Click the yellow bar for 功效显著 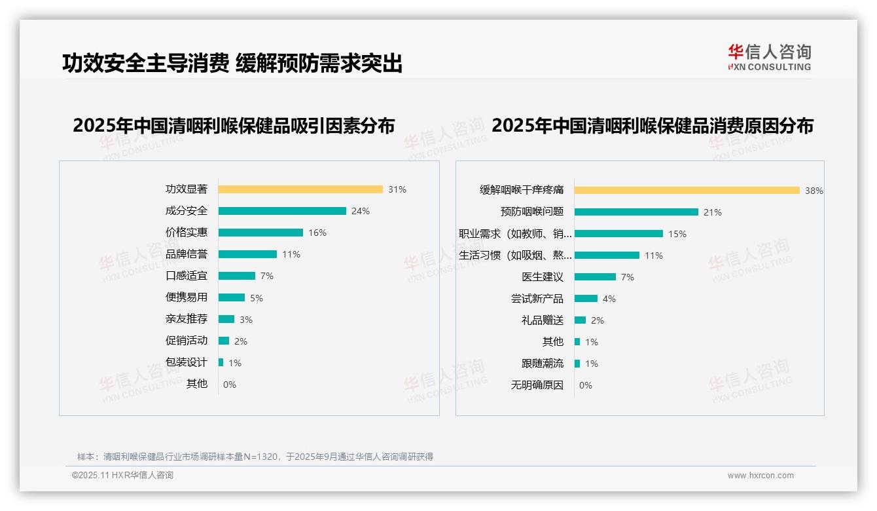click(x=300, y=189)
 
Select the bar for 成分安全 click(x=282, y=211)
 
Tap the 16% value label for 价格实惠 click(x=317, y=233)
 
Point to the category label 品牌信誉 click(x=187, y=254)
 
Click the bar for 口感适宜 click(x=237, y=276)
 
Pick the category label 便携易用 click(x=187, y=297)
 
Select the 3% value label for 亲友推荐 click(x=245, y=320)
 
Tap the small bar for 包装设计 click(x=221, y=362)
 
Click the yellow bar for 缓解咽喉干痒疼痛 click(x=687, y=191)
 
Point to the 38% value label click(x=814, y=191)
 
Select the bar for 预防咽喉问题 click(x=636, y=212)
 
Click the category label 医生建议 click(x=543, y=277)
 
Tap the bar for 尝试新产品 click(x=586, y=299)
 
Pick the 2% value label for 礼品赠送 click(x=597, y=320)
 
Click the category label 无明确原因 click(x=537, y=385)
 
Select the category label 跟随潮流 click(x=543, y=364)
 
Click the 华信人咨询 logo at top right click(x=770, y=57)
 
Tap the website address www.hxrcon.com click(x=761, y=476)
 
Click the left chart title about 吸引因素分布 click(x=234, y=126)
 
